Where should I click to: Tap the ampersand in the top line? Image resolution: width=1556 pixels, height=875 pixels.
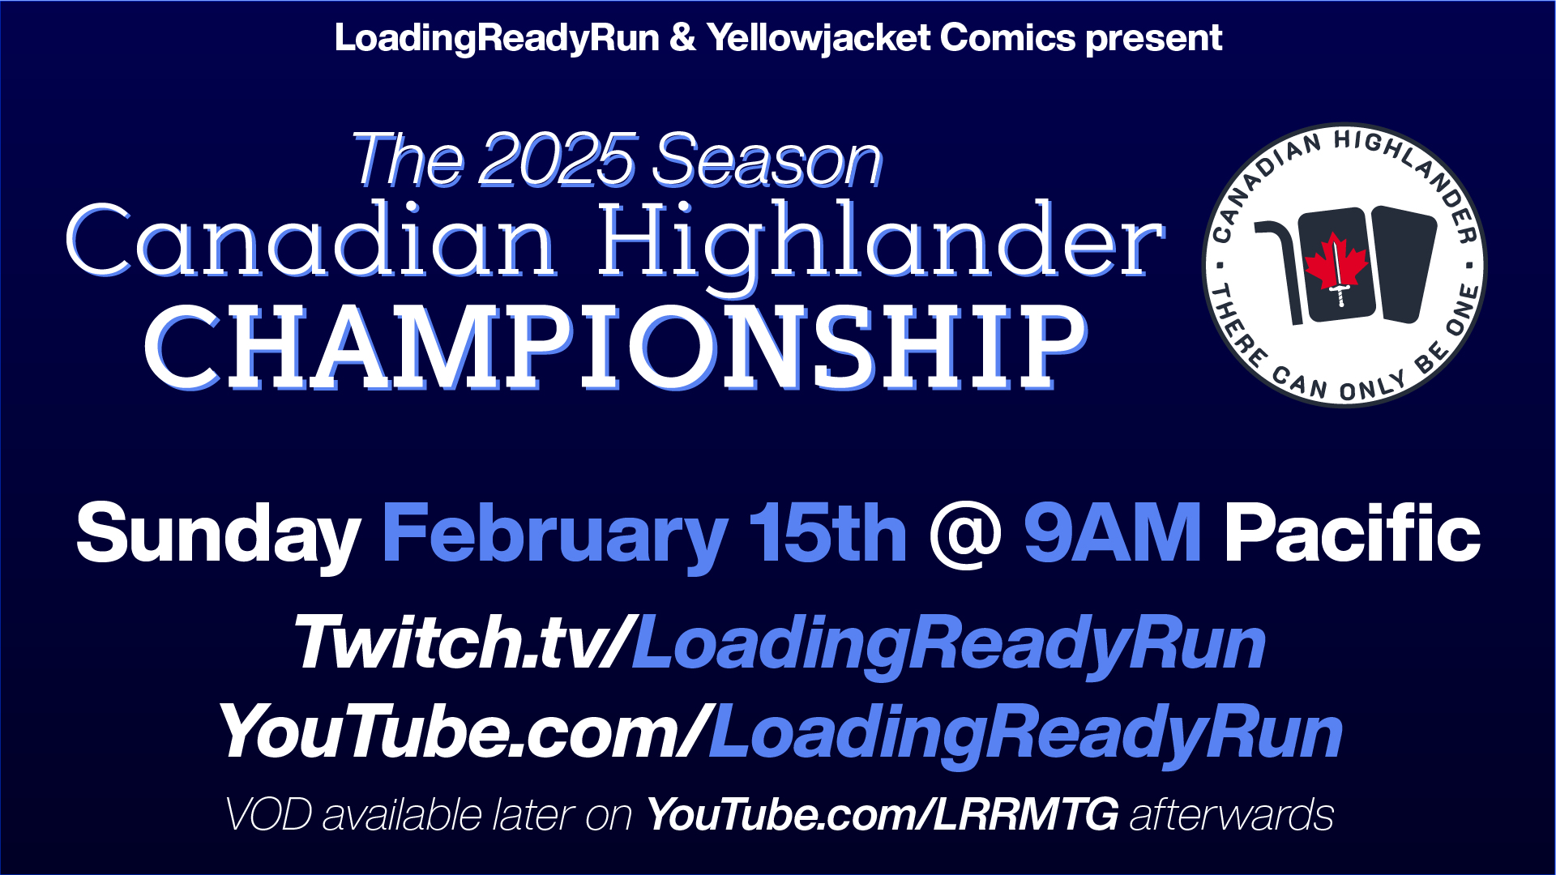682,39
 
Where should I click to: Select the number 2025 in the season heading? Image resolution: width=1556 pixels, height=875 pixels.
558,160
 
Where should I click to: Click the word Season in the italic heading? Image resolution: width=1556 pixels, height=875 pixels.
767,160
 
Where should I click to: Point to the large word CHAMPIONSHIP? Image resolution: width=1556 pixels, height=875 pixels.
616,348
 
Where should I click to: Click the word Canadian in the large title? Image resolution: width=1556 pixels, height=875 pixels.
312,241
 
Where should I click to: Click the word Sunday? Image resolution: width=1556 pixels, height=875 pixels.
218,535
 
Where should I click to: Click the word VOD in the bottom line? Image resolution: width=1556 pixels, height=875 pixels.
268,814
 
